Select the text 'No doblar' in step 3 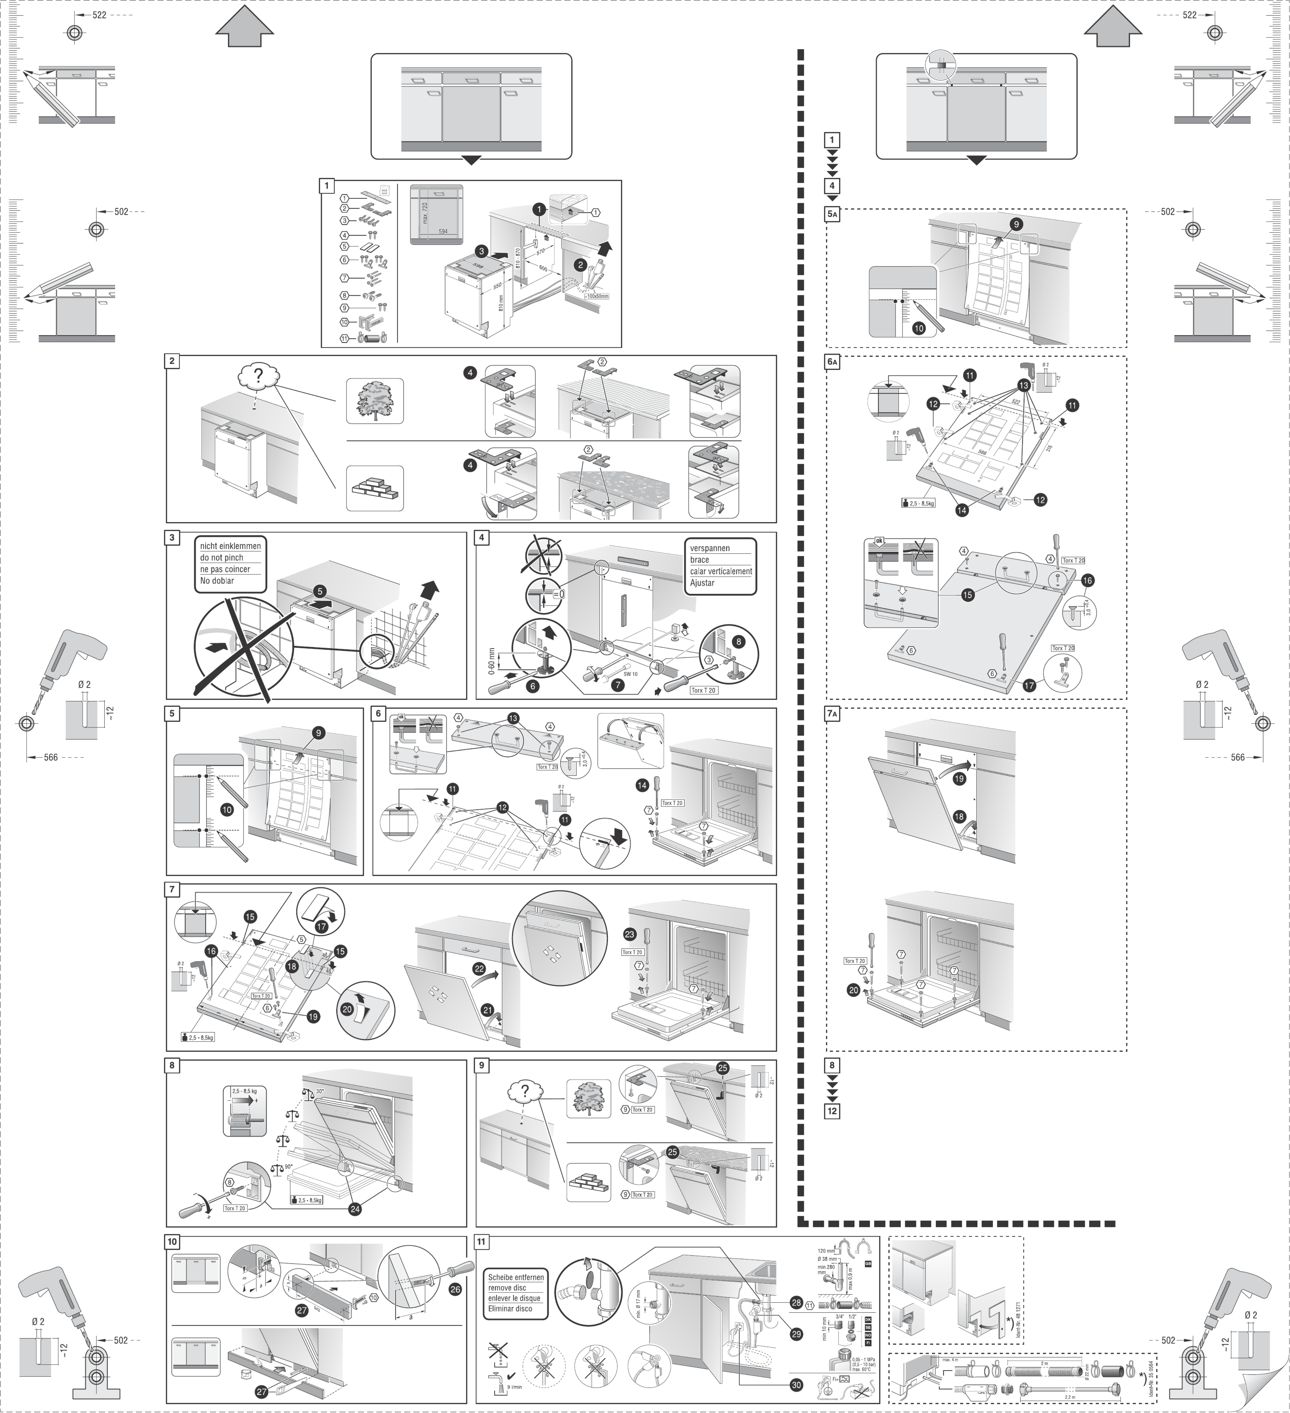point(217,580)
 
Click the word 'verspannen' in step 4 point(710,548)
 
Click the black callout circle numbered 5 point(320,591)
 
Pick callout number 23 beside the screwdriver point(629,934)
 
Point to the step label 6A point(832,362)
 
